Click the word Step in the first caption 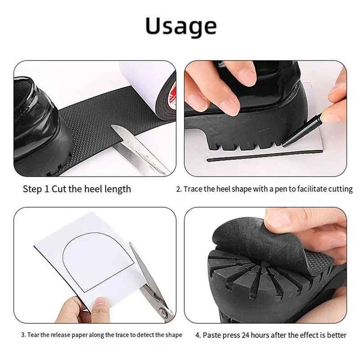(33, 189)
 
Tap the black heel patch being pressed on (238, 243)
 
